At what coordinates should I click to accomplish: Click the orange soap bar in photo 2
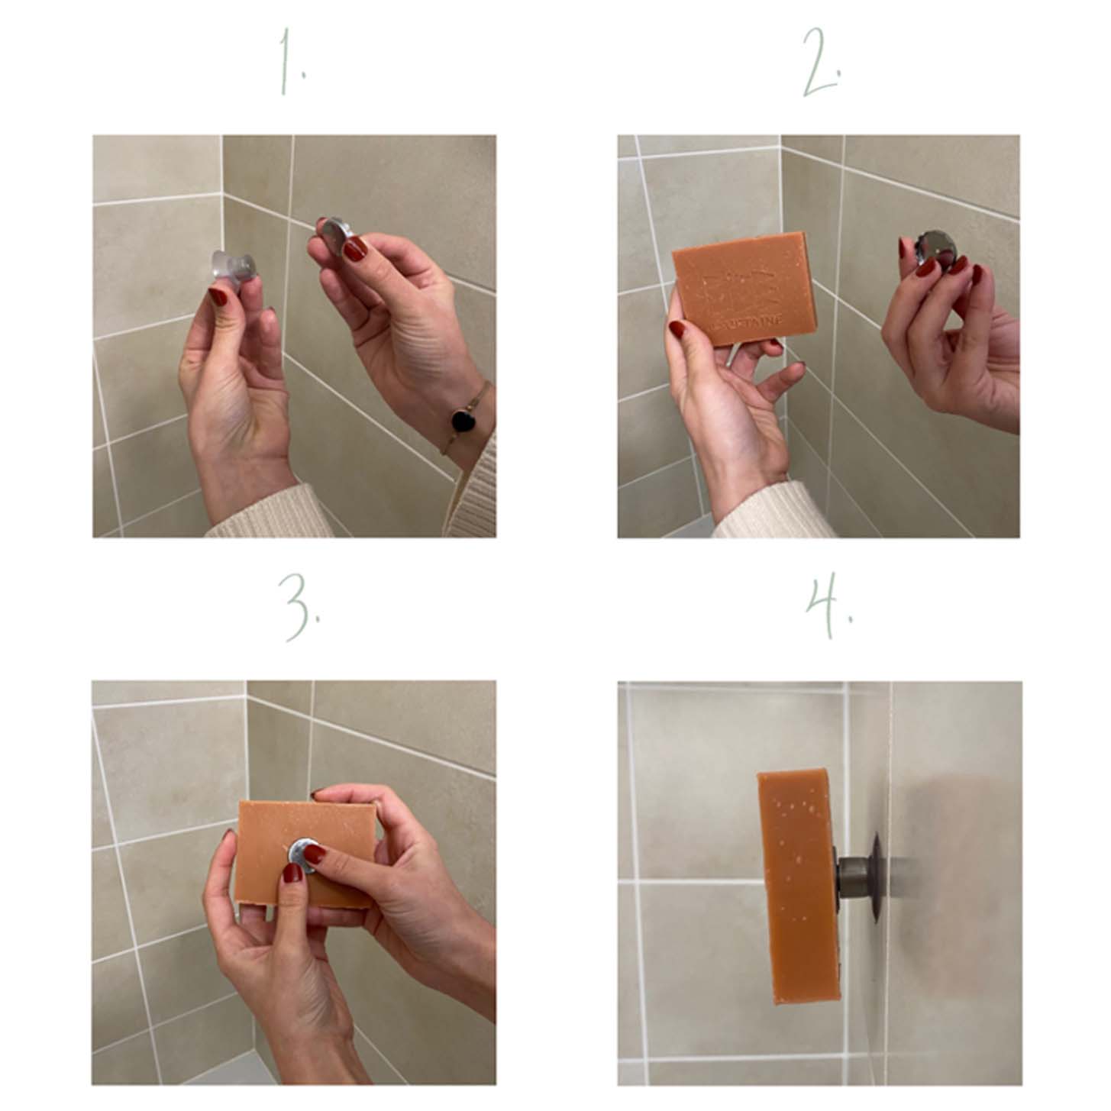(x=744, y=286)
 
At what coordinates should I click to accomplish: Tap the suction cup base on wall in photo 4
(x=876, y=870)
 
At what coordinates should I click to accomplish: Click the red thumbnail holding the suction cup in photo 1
(x=219, y=296)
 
